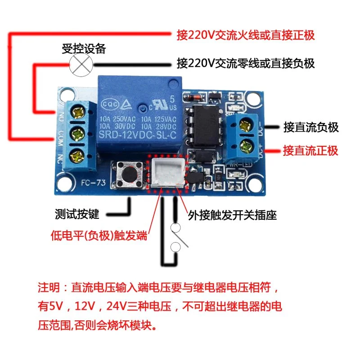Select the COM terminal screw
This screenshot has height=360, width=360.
80,134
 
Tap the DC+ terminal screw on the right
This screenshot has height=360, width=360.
247,145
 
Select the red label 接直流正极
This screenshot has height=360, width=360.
310,150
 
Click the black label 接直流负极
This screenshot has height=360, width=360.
311,127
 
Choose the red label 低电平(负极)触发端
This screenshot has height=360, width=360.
99,235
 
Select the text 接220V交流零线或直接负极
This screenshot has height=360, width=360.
246,63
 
